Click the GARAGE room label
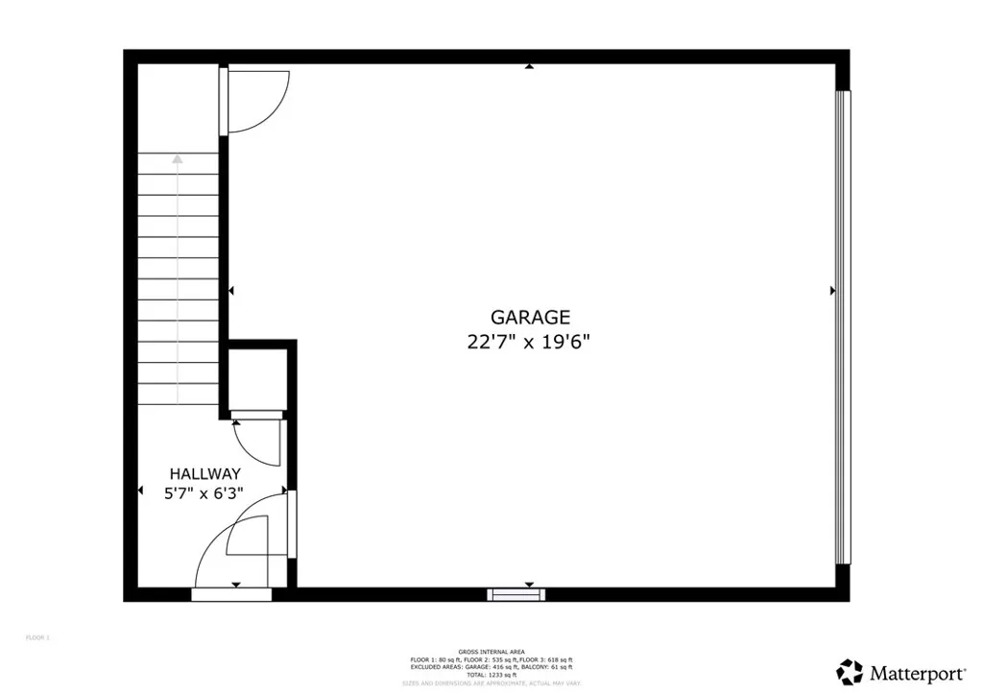[x=530, y=317]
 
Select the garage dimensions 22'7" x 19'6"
[x=530, y=341]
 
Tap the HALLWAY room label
[x=204, y=473]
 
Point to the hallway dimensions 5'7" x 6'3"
[x=204, y=493]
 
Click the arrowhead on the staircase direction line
[x=178, y=158]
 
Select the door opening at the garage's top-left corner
[x=225, y=100]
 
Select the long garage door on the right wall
[x=843, y=326]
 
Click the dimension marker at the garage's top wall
[x=529, y=67]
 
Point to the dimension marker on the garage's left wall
[x=231, y=290]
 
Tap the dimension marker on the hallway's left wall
[x=140, y=491]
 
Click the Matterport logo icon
[x=850, y=671]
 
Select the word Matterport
[x=905, y=671]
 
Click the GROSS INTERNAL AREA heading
[x=491, y=652]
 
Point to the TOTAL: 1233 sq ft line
[x=491, y=675]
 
